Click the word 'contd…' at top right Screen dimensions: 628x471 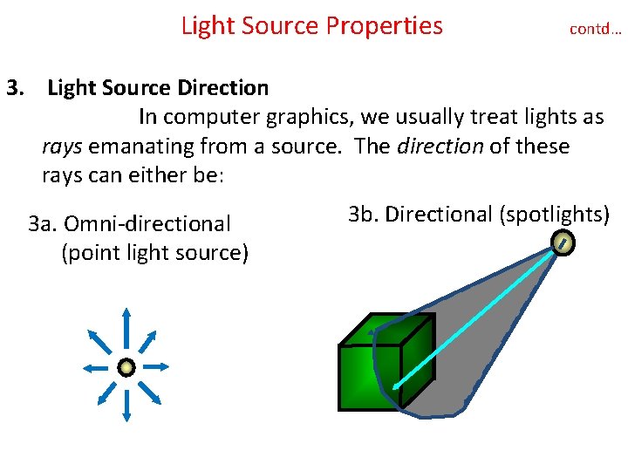(595, 29)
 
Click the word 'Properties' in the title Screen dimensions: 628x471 (384, 26)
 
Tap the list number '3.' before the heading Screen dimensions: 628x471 (17, 88)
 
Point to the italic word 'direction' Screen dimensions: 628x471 (440, 146)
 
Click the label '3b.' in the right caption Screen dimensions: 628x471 (363, 214)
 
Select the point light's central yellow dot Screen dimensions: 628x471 (126, 367)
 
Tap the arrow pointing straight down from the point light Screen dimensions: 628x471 (126, 406)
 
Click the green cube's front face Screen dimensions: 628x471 (368, 376)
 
